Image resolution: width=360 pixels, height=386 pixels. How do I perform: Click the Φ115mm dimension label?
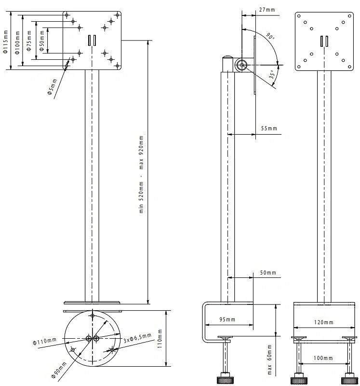pyautogui.click(x=6, y=41)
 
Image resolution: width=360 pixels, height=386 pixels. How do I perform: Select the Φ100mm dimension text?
pyautogui.click(x=17, y=42)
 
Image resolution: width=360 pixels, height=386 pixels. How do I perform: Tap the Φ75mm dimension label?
pyautogui.click(x=29, y=41)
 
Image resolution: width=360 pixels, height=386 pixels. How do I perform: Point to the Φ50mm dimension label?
pyautogui.click(x=42, y=41)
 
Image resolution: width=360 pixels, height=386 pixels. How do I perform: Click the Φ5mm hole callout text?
pyautogui.click(x=52, y=87)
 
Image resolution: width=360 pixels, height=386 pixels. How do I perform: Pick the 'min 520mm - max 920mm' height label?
pyautogui.click(x=141, y=174)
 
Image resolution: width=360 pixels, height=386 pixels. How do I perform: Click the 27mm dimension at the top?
pyautogui.click(x=267, y=10)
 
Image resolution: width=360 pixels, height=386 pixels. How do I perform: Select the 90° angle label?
pyautogui.click(x=270, y=36)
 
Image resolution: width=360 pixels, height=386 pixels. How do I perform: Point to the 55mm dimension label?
pyautogui.click(x=269, y=128)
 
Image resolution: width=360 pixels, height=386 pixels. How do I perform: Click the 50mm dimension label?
pyautogui.click(x=268, y=273)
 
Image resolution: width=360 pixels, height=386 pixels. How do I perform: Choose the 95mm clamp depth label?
pyautogui.click(x=227, y=319)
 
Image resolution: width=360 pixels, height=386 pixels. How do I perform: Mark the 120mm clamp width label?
pyautogui.click(x=323, y=322)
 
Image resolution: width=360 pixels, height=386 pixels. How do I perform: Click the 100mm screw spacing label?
pyautogui.click(x=323, y=358)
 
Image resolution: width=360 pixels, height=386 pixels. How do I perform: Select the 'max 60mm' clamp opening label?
pyautogui.click(x=269, y=359)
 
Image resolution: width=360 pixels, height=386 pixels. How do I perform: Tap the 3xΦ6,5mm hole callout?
pyautogui.click(x=137, y=338)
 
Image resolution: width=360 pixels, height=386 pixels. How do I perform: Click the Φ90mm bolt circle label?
pyautogui.click(x=59, y=370)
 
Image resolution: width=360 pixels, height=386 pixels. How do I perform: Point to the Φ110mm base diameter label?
pyautogui.click(x=44, y=341)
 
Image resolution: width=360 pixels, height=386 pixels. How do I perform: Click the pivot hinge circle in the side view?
pyautogui.click(x=241, y=65)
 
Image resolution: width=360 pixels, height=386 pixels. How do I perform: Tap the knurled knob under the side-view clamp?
pyautogui.click(x=225, y=380)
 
